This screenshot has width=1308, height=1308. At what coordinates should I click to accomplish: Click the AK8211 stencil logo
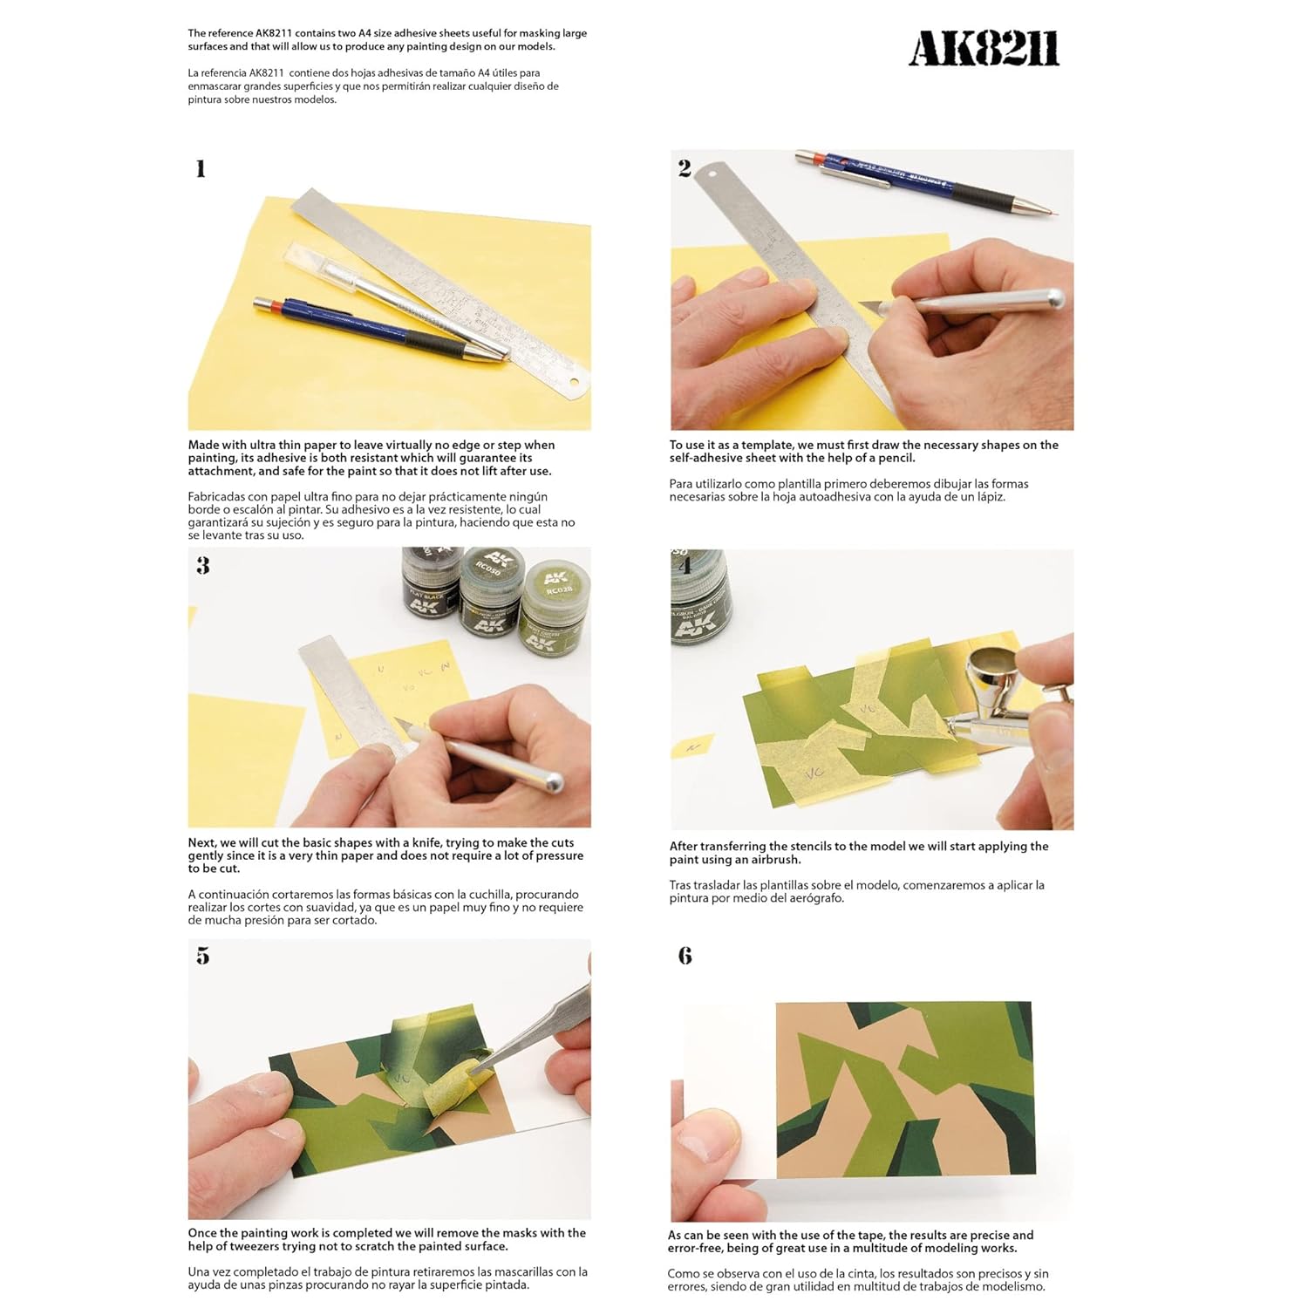(x=984, y=49)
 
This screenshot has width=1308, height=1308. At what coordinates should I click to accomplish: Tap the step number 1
(x=201, y=168)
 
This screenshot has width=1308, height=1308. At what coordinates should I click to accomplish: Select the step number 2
(x=685, y=168)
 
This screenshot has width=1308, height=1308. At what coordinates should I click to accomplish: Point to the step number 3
(x=203, y=566)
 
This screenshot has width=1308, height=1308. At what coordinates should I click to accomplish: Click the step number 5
(x=203, y=957)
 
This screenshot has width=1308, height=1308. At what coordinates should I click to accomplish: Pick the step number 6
(x=685, y=956)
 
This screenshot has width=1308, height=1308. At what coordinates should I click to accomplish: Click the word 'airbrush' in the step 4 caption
(x=766, y=860)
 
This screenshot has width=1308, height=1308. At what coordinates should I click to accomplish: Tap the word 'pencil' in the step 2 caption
(x=894, y=458)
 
